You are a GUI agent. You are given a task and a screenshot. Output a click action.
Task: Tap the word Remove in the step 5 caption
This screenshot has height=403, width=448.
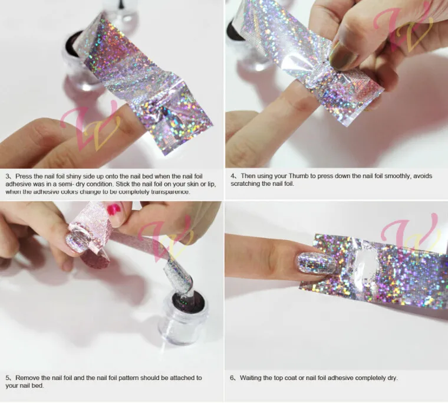(x=27, y=378)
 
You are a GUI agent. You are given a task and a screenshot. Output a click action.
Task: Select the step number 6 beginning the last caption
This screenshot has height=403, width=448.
(x=232, y=378)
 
